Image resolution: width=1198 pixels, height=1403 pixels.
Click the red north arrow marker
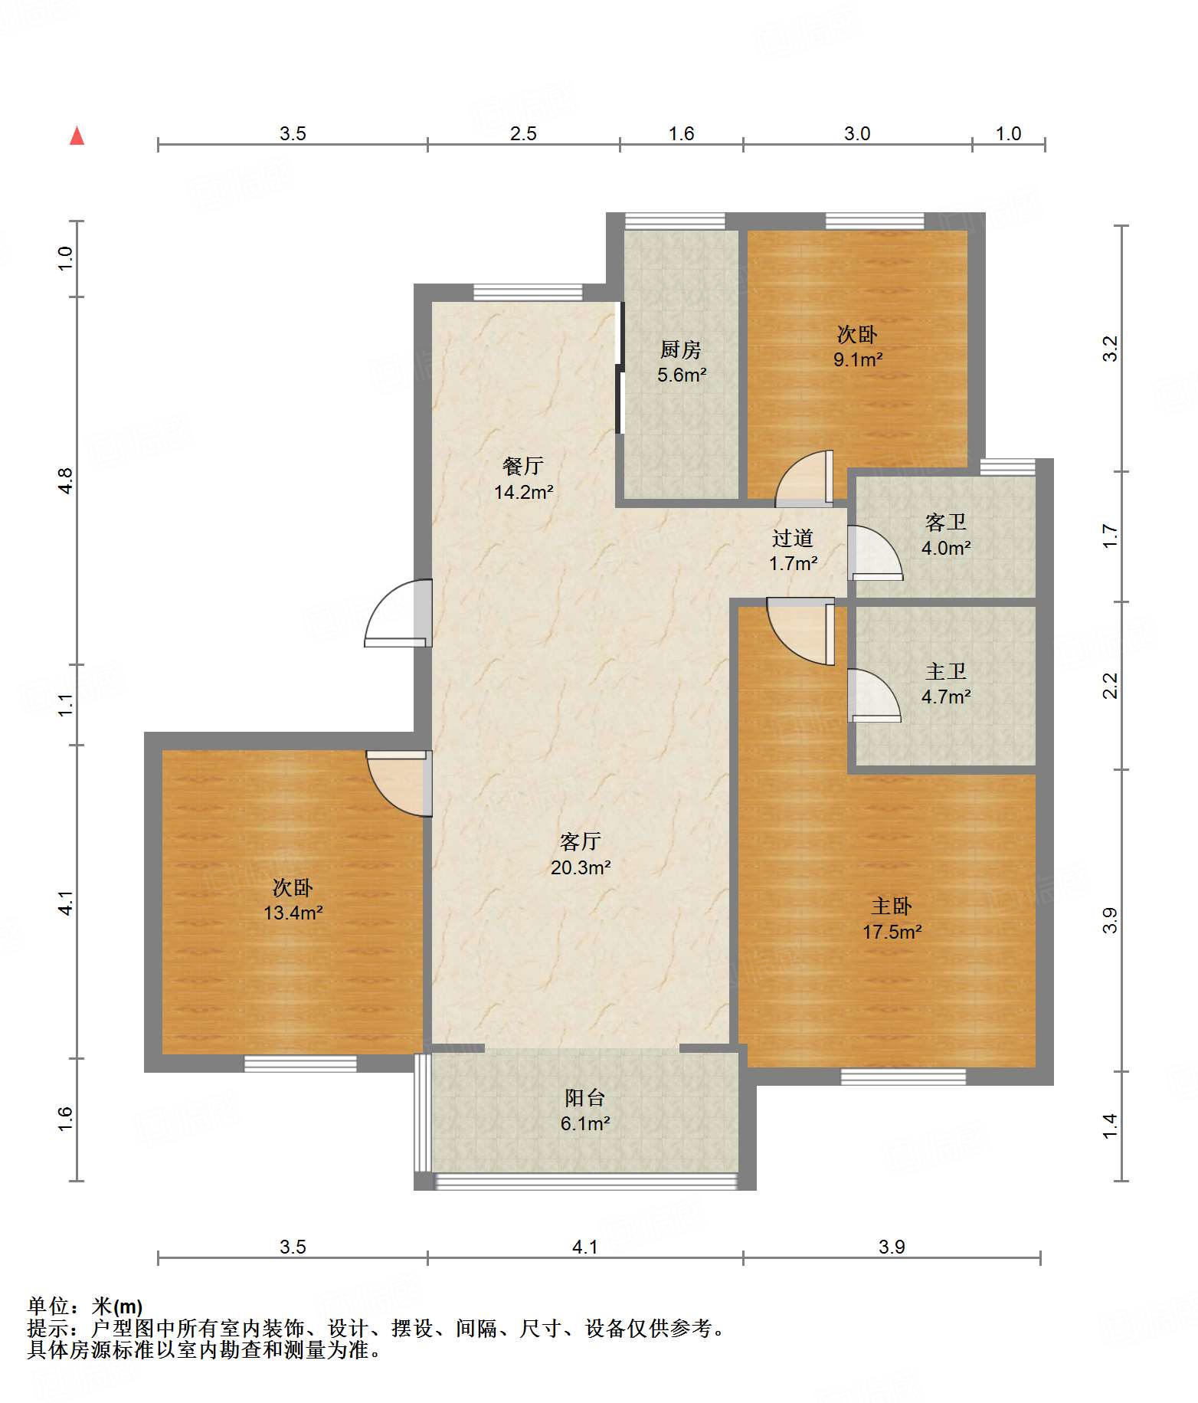[x=77, y=136]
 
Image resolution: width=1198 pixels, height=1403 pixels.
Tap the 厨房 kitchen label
[x=681, y=349]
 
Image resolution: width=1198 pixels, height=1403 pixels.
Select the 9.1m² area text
[x=858, y=359]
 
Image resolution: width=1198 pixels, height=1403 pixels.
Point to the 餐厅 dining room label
[x=523, y=466]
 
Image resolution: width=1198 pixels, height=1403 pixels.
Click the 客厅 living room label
[x=581, y=841]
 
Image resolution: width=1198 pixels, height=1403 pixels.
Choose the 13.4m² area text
[x=293, y=913]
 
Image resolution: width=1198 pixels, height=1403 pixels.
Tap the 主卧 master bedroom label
[x=892, y=906]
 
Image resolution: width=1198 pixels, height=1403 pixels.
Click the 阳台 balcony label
[x=585, y=1097]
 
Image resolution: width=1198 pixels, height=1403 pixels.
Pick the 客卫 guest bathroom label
[x=946, y=522]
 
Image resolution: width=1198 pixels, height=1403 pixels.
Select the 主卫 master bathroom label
[x=946, y=671]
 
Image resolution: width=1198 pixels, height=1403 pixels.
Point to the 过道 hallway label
[x=793, y=538]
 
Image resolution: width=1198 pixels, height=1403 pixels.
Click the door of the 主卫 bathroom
[x=874, y=696]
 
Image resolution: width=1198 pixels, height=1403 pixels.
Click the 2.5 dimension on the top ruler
[x=523, y=134]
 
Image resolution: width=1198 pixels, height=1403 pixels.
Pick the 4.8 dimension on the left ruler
[x=65, y=480]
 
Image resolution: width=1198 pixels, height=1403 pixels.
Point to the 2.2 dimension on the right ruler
[x=1110, y=685]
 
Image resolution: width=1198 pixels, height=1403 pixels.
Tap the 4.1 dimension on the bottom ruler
[x=585, y=1247]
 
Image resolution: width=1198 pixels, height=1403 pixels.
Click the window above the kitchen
[x=675, y=221]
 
